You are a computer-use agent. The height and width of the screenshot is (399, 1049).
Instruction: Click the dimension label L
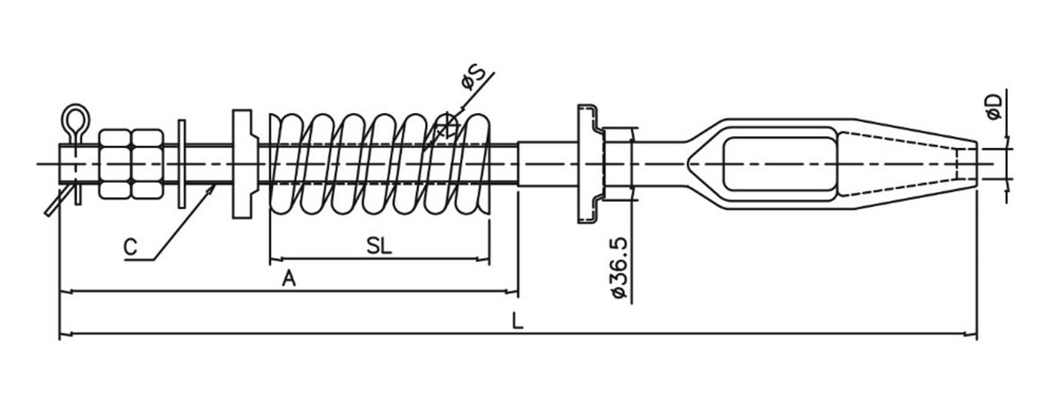click(x=517, y=321)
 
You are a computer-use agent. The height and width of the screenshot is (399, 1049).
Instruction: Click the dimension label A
click(x=289, y=279)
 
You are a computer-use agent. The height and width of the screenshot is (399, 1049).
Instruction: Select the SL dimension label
click(x=379, y=247)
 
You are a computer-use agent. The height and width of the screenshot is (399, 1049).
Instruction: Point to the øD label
click(x=995, y=107)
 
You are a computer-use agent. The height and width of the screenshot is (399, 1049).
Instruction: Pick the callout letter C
click(x=131, y=247)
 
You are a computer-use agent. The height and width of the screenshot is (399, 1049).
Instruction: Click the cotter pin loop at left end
click(x=75, y=119)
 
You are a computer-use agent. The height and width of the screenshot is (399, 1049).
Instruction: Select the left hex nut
click(x=115, y=164)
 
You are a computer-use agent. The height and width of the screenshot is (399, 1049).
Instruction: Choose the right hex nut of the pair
click(x=147, y=164)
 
